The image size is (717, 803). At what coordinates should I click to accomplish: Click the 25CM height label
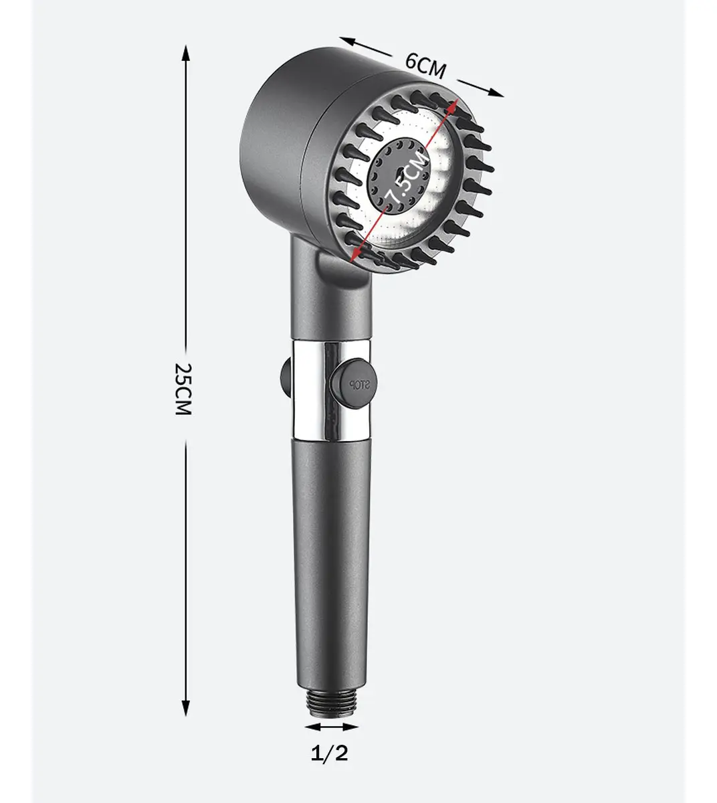pyautogui.click(x=183, y=389)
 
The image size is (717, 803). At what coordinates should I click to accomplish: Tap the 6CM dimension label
pyautogui.click(x=426, y=66)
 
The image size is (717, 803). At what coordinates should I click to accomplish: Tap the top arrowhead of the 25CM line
pyautogui.click(x=185, y=53)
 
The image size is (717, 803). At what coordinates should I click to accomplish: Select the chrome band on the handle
pyautogui.click(x=332, y=390)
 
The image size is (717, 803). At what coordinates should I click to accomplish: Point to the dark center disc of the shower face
pyautogui.click(x=398, y=177)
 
